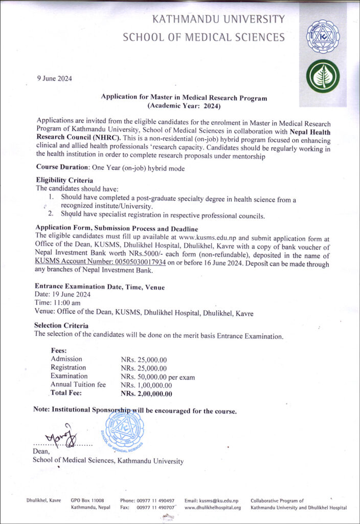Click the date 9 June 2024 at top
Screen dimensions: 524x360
[x=55, y=78]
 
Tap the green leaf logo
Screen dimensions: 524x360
[x=322, y=75]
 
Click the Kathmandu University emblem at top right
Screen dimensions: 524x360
[x=322, y=36]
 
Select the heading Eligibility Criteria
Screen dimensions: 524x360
[x=64, y=181]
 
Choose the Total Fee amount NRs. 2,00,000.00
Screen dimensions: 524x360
[x=146, y=394]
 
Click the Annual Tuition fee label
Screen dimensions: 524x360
[x=78, y=385]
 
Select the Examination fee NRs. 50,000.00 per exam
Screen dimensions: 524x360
[x=158, y=377]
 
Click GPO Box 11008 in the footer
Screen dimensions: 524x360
[x=87, y=500]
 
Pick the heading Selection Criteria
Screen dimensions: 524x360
[x=61, y=325]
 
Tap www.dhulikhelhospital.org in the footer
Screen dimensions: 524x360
[x=212, y=508]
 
